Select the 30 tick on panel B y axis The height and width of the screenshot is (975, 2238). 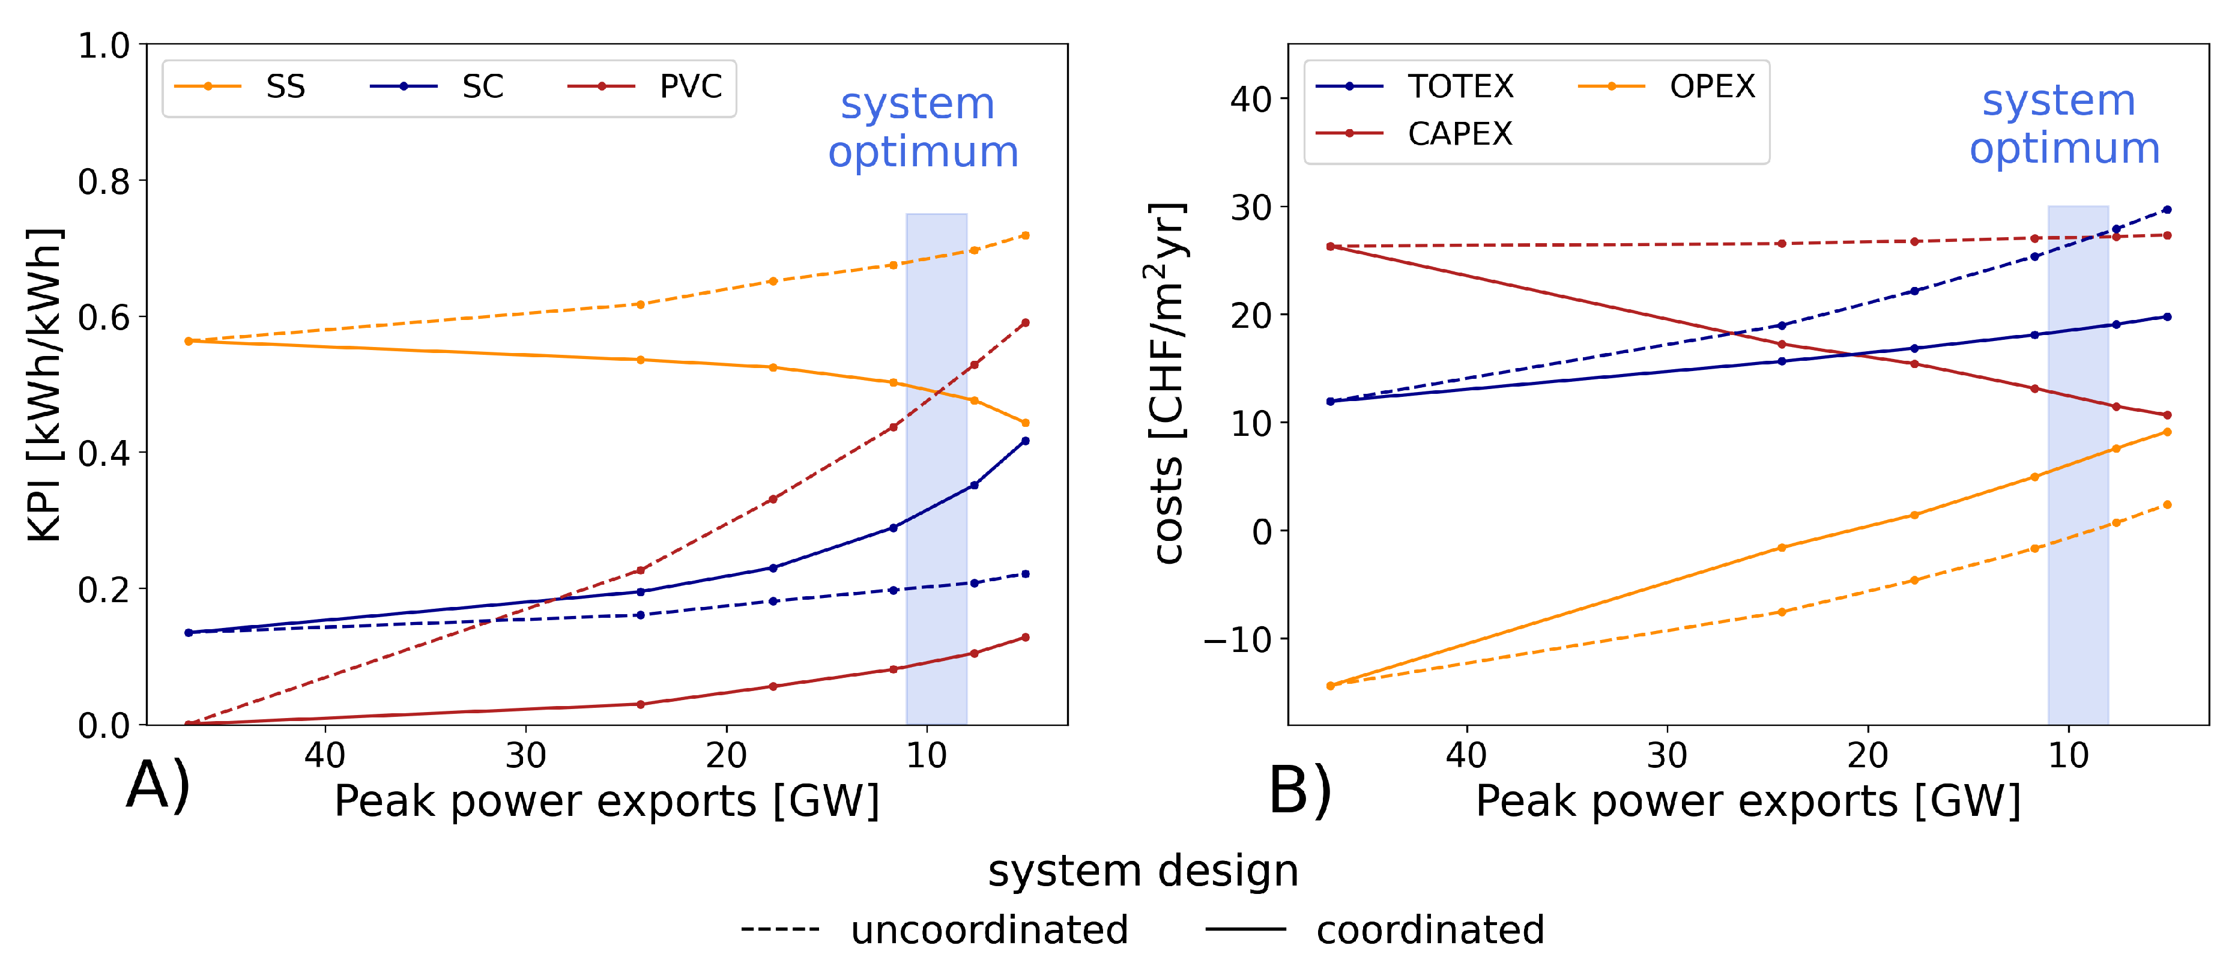tap(1250, 208)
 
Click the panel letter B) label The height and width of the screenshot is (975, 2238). tap(1299, 790)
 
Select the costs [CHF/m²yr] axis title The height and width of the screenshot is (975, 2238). tap(1169, 382)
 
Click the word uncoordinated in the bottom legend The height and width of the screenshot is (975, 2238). tap(988, 929)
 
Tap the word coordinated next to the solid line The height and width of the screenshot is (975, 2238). tap(1430, 929)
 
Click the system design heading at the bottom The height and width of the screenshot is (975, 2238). tap(1143, 871)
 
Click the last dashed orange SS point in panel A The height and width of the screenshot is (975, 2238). tap(1025, 235)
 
